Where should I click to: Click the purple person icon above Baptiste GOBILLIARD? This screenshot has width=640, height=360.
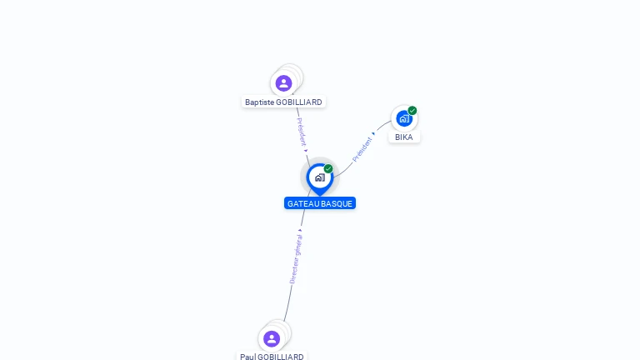tap(283, 83)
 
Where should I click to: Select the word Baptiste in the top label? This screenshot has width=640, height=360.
tap(260, 102)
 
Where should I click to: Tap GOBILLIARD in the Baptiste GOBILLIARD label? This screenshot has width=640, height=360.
tap(299, 102)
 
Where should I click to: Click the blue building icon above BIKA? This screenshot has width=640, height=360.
tap(403, 119)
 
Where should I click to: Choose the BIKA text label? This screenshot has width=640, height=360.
tap(403, 137)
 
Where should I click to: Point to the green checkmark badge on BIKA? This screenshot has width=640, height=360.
tap(412, 110)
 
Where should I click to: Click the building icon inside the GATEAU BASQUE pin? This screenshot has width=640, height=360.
tap(320, 177)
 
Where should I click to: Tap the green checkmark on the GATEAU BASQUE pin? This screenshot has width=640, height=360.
tap(328, 168)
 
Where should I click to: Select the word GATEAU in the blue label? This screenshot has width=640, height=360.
tap(301, 203)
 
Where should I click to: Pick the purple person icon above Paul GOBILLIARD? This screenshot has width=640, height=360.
tap(272, 339)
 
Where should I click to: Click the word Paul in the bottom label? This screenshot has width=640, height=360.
tap(247, 357)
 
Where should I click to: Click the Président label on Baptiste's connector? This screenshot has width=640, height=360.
tap(301, 132)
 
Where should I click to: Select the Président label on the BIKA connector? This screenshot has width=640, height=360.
tap(362, 149)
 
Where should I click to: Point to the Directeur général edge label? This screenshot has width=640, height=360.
tap(296, 259)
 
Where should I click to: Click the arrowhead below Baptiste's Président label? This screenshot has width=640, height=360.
tap(306, 151)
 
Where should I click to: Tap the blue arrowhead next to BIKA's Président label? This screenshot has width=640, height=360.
tap(373, 133)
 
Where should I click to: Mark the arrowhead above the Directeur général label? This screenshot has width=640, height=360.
tap(300, 231)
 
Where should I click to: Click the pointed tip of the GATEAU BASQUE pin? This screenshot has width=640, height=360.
tap(320, 196)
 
